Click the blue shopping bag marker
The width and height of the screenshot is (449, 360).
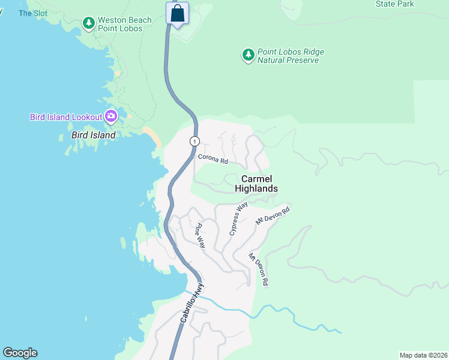click(x=178, y=13)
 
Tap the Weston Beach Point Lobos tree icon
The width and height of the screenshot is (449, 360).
click(x=89, y=23)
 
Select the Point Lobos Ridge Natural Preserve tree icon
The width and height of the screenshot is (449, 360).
click(x=248, y=56)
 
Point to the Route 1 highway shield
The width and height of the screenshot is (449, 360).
click(x=194, y=141)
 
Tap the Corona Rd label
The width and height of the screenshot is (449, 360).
click(x=214, y=161)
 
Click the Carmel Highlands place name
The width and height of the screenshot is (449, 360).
click(x=256, y=184)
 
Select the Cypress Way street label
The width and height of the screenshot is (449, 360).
click(x=238, y=218)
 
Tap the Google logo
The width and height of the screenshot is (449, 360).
click(x=20, y=353)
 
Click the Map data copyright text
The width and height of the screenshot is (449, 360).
click(x=423, y=355)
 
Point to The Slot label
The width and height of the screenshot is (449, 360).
click(x=32, y=13)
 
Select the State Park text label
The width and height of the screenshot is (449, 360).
click(x=394, y=4)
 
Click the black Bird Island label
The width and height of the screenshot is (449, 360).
click(x=93, y=135)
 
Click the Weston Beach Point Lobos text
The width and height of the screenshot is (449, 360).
click(x=125, y=24)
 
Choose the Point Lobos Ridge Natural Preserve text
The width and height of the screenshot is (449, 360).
click(x=291, y=56)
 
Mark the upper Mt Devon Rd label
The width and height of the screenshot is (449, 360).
click(x=273, y=216)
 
